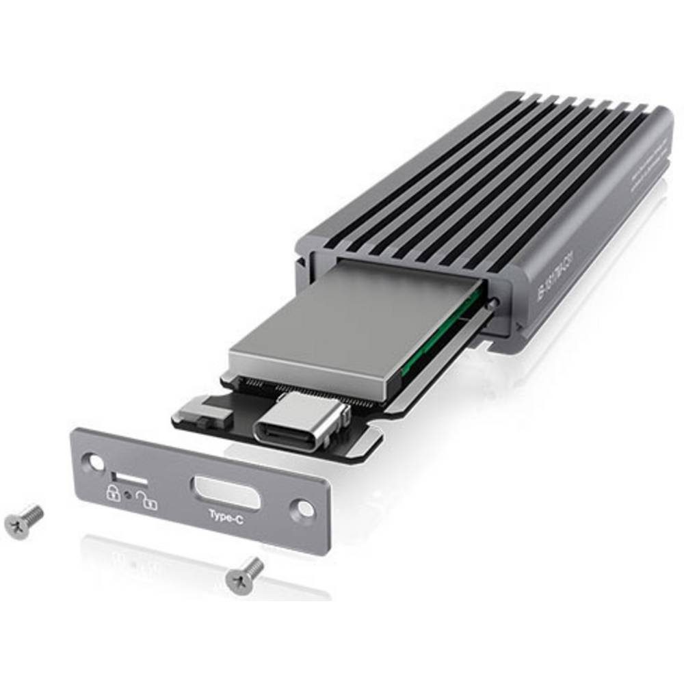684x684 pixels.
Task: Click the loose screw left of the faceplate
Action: pos(23,521)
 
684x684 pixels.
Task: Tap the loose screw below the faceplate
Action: pos(245,573)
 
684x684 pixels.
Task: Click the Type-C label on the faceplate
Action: pos(226,519)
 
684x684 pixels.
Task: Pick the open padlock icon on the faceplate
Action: pos(146,499)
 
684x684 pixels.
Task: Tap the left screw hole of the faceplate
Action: pos(92,462)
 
